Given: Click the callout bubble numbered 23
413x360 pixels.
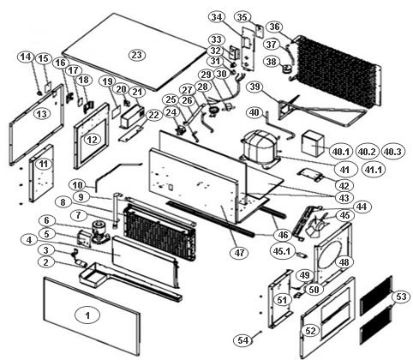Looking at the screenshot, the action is click(x=137, y=55).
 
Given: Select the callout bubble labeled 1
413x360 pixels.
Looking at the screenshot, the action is click(x=87, y=315).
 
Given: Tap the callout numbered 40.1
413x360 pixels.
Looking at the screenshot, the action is click(x=341, y=152).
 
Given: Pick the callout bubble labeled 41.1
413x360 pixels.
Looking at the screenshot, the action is click(x=374, y=170).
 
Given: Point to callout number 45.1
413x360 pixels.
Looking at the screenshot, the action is click(x=282, y=251).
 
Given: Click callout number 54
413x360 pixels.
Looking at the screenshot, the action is click(x=243, y=340).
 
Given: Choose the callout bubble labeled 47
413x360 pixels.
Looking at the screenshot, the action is click(x=239, y=253).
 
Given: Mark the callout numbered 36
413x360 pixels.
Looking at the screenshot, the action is click(x=274, y=27).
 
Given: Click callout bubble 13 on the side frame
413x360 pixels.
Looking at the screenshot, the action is click(x=42, y=114).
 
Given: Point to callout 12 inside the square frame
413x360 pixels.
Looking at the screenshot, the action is click(x=92, y=140).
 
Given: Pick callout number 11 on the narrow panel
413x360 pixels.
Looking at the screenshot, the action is click(x=44, y=165).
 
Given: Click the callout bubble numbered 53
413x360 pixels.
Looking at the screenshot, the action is click(x=401, y=297).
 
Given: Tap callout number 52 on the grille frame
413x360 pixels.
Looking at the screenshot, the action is click(x=310, y=331).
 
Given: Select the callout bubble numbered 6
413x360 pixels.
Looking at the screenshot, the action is click(x=46, y=220).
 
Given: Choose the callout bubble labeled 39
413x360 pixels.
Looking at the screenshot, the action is click(x=254, y=87).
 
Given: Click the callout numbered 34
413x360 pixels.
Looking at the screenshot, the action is click(x=217, y=17).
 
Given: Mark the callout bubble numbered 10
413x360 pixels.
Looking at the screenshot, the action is click(x=77, y=185).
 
